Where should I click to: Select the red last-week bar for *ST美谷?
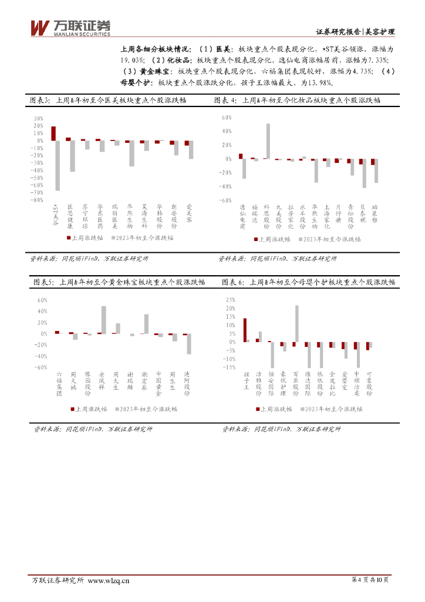point(53,133)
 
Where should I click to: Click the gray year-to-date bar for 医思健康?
point(72,156)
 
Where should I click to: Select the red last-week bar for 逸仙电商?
point(241,156)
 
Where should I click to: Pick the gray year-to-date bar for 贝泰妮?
point(365,173)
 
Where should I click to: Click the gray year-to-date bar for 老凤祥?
point(104,320)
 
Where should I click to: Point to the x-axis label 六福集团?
point(58,384)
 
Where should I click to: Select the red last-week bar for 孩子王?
point(244,330)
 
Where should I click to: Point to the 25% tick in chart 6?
point(230,299)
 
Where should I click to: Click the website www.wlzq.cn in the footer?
point(108,581)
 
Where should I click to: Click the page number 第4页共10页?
point(370,581)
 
